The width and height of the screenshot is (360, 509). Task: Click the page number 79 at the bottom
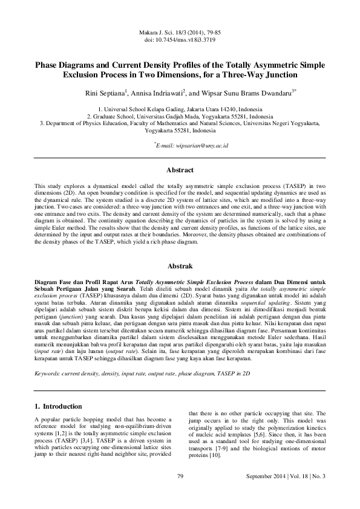click(180, 477)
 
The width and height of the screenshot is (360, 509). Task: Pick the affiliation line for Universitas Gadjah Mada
click(180, 116)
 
